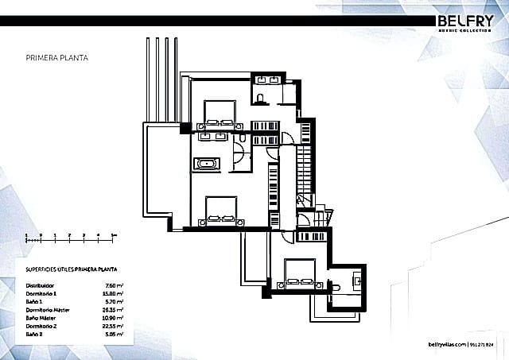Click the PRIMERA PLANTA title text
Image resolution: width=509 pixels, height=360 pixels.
56,58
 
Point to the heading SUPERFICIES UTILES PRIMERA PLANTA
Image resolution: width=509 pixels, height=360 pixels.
66,269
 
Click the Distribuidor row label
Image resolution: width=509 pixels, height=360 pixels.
41,284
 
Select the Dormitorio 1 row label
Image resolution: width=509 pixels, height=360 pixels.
41,292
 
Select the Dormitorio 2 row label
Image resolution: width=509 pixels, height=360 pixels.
41,323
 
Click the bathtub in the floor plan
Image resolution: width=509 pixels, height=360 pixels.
208,165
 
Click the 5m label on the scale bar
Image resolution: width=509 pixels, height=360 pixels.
113,236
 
